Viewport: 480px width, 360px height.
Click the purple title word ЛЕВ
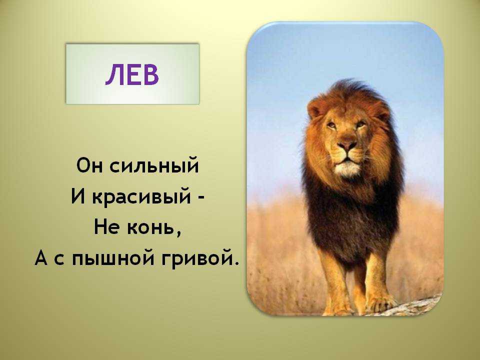[x=132, y=74]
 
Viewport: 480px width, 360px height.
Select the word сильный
[x=154, y=165]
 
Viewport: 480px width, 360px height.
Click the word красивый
[x=141, y=197]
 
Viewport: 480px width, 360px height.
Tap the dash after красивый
[x=201, y=198]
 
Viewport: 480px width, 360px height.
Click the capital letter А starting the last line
[x=41, y=258]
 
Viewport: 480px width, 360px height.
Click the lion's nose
[x=347, y=145]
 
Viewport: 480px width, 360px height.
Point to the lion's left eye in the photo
[x=331, y=124]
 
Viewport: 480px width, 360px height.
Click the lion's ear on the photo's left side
[x=315, y=108]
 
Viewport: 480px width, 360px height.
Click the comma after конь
[x=178, y=234]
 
